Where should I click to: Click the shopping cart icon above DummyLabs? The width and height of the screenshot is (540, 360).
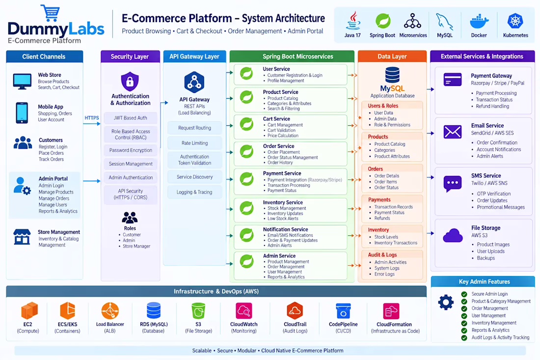coord(51,13)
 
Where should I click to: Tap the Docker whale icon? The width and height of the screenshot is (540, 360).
coord(479,21)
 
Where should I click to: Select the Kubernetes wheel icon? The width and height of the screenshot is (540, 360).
coord(515,21)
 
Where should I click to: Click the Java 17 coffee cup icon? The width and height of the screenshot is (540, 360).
coord(353,21)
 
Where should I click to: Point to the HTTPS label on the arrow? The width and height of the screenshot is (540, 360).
coord(92,118)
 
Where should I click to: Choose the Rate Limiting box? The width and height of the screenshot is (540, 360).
coord(194,143)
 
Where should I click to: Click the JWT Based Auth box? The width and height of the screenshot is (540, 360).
coord(131,118)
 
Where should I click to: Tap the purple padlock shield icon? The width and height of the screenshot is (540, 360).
coord(130,82)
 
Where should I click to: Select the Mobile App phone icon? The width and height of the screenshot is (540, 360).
coord(22,112)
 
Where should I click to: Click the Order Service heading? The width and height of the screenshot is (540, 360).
coord(279,146)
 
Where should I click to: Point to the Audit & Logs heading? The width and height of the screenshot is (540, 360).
coord(382,255)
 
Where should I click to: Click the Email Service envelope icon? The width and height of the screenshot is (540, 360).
coord(453,132)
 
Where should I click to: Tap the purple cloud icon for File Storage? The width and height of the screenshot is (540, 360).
coord(453,236)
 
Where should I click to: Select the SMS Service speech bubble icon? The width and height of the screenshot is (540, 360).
coord(453,184)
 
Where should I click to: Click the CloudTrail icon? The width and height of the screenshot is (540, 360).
coord(295,311)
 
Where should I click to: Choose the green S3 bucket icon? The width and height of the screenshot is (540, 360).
coord(198,310)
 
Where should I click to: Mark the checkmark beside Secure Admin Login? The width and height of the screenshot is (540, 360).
coord(464,294)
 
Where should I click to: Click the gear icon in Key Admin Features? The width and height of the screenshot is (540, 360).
coord(446,302)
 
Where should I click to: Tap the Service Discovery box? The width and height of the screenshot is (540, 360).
coord(194,177)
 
